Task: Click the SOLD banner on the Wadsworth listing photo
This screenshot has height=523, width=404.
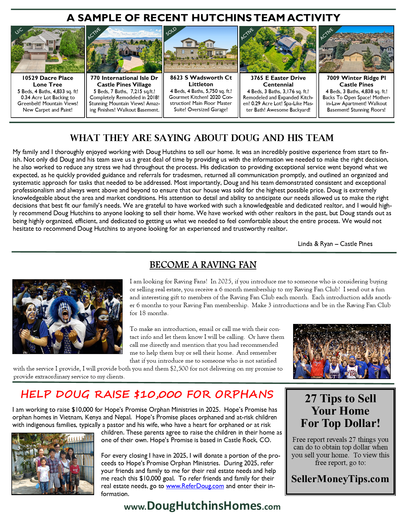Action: coord(171,32)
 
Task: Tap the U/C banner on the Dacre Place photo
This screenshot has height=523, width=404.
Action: coord(19,31)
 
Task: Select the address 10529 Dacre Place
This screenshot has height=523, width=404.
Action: coord(48,78)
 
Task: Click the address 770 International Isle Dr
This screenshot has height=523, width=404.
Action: coord(124,78)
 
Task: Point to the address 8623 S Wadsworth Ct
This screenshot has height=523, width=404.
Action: coord(201,78)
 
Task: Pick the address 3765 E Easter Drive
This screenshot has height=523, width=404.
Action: coord(278,78)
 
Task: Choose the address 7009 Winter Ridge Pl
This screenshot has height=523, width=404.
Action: coord(356,78)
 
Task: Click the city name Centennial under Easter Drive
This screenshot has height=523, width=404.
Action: coord(278,85)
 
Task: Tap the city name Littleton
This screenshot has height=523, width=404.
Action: coord(201,84)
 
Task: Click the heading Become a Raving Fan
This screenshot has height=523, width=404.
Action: coord(203,265)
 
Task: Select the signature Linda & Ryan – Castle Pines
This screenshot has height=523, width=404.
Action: coord(335,244)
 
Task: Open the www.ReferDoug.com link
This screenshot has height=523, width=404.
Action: coord(195,486)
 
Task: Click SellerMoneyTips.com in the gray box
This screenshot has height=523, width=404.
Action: coord(340,479)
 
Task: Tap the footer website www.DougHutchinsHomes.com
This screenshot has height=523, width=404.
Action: coord(202,506)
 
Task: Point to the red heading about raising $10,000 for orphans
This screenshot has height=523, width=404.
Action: coord(147,394)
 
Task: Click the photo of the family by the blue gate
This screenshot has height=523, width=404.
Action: coord(53,463)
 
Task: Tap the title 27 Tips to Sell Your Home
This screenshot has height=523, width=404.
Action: coord(340,411)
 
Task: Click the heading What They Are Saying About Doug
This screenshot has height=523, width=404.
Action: coord(202,138)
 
